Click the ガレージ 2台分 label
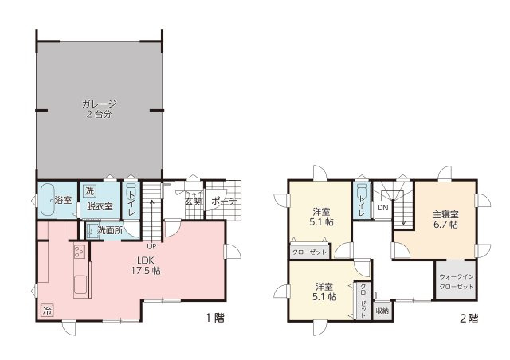click(x=99, y=108)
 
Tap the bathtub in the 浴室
click(x=47, y=200)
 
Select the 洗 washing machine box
click(x=89, y=191)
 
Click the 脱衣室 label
click(x=100, y=206)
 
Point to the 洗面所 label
click(x=110, y=230)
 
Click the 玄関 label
click(x=194, y=202)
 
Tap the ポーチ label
click(x=224, y=202)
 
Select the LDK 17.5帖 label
click(x=147, y=265)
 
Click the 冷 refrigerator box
click(x=47, y=309)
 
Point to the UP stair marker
click(x=151, y=245)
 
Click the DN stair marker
click(x=382, y=208)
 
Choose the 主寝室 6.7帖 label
click(x=445, y=219)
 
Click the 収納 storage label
click(x=382, y=310)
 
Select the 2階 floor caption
click(x=469, y=319)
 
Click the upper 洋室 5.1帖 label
click(x=322, y=217)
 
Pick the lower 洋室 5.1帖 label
click(x=324, y=292)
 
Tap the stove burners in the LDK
click(x=79, y=254)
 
